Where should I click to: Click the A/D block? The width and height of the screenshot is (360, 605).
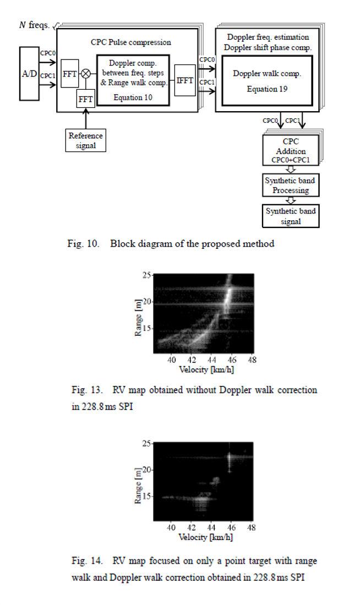coord(29,74)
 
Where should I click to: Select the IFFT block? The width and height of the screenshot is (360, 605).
coord(185,80)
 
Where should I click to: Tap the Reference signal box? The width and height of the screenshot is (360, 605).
coord(86,140)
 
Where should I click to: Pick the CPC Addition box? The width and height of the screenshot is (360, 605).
coord(291,150)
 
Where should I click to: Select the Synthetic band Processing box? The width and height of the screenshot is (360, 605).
coord(291,185)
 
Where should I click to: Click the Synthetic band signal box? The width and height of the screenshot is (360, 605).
coord(291,216)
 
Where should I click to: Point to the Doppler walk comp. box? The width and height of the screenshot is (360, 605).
coord(267,80)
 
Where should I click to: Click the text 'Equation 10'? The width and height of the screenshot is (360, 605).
coord(133,97)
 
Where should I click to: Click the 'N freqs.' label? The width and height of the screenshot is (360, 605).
coord(34,25)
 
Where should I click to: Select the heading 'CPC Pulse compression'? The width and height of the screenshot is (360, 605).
coord(131,42)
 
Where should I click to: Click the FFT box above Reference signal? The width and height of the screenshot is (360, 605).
coord(86,99)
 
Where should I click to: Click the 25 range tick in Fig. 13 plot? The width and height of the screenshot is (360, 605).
coord(146,275)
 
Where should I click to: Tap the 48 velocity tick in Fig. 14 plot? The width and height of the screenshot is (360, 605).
coord(251,527)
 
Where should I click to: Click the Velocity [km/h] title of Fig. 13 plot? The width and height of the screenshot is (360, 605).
coord(206,369)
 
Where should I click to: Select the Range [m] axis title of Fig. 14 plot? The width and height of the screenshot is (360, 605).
coord(138,486)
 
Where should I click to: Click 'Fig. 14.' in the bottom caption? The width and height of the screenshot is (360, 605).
coord(87,560)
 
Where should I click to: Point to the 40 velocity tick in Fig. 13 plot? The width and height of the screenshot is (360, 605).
coord(171,359)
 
